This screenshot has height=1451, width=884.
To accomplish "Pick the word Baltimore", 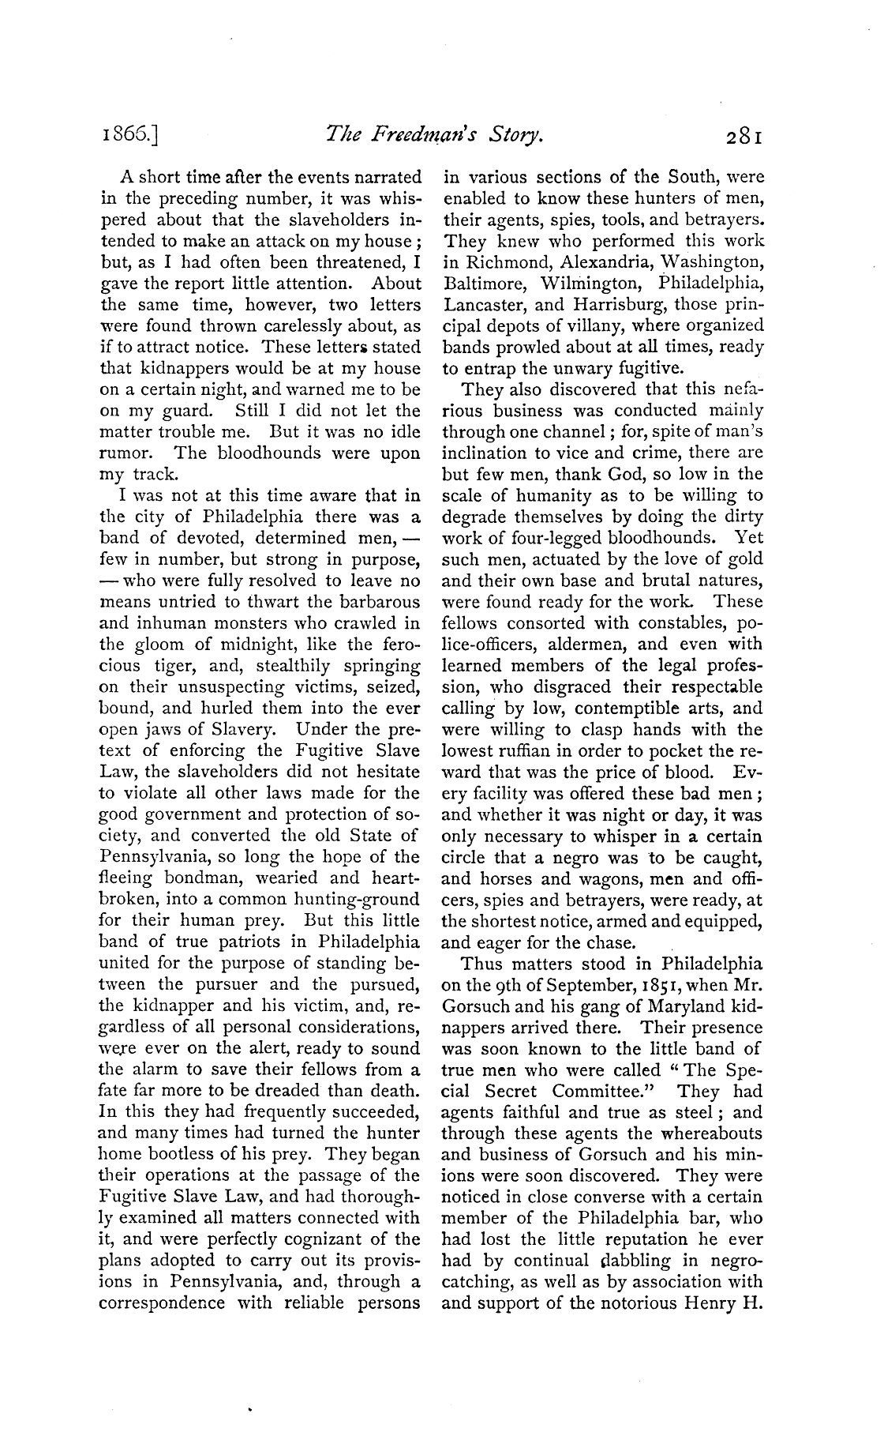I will click(480, 283).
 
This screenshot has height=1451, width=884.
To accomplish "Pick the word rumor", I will click(125, 454).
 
